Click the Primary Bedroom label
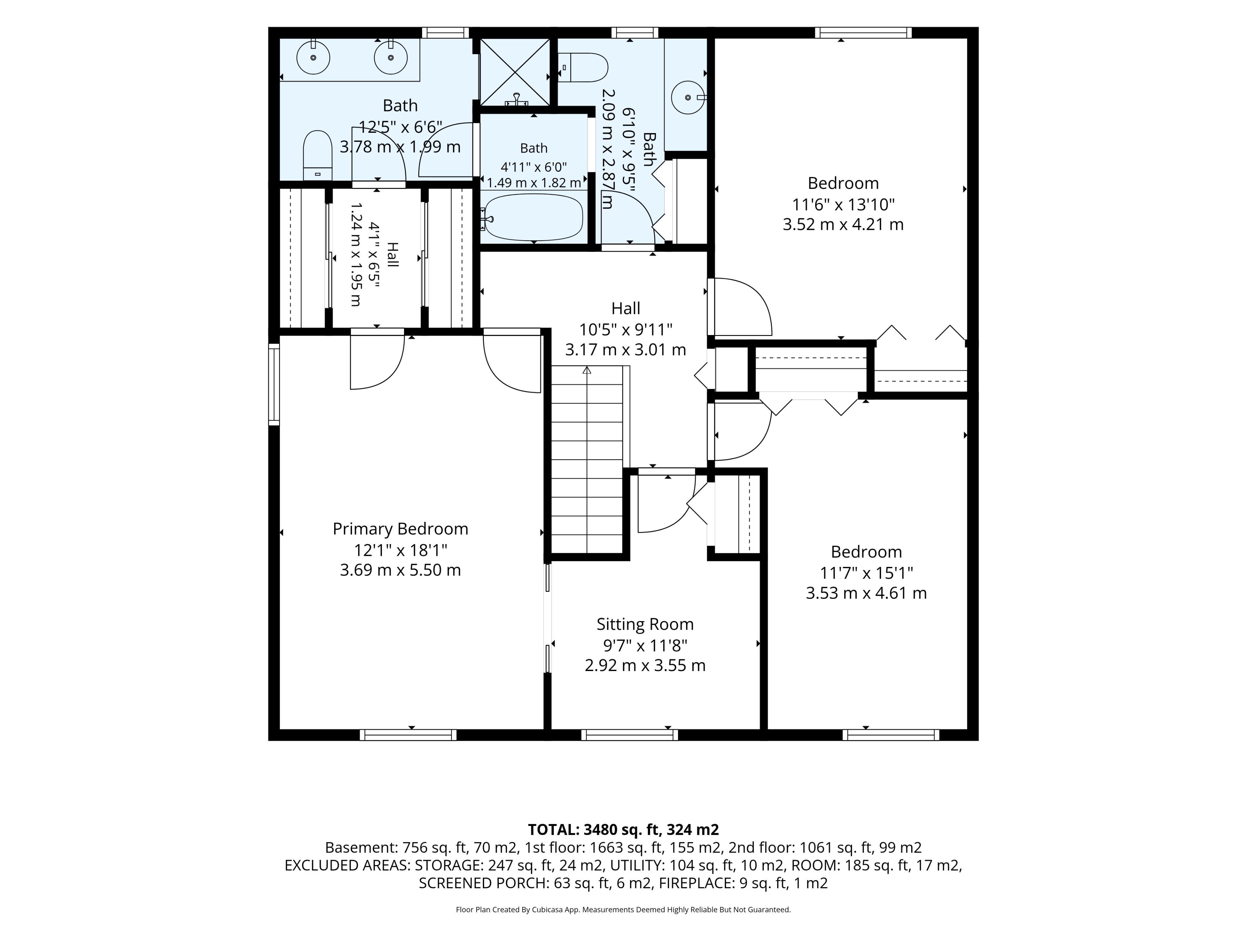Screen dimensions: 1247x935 point(400,529)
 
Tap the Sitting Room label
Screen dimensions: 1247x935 point(645,624)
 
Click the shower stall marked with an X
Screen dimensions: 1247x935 point(514,71)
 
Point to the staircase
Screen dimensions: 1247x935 point(587,459)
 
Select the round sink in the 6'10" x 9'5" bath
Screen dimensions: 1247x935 point(688,97)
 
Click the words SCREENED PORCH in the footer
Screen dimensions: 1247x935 point(483,883)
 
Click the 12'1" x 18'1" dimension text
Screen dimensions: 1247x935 point(400,550)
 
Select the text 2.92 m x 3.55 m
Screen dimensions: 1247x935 point(645,666)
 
